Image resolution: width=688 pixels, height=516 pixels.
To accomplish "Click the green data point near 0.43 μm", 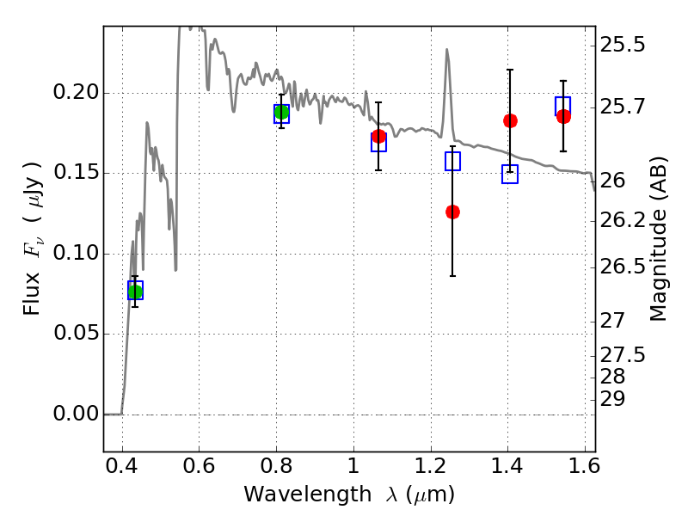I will click(x=135, y=292).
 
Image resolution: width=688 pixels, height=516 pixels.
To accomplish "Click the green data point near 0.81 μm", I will click(x=281, y=112).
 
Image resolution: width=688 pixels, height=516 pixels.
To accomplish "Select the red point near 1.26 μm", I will click(x=452, y=212).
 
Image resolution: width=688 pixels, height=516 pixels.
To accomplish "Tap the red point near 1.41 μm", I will click(x=510, y=120).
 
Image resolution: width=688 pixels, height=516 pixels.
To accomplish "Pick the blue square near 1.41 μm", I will click(x=510, y=175).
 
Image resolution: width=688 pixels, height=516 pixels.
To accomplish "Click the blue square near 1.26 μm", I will click(x=452, y=161).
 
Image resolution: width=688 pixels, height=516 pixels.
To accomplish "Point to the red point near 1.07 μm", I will click(x=378, y=136).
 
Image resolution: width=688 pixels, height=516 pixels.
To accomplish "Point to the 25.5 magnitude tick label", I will click(x=622, y=44).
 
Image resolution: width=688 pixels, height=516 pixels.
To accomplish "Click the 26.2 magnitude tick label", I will click(x=622, y=221).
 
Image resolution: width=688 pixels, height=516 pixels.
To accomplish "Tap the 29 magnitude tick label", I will click(x=612, y=399).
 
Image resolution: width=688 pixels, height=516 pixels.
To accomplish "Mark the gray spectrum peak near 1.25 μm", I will click(x=447, y=50).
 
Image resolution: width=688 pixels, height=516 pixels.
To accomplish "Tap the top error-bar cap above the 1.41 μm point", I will click(x=510, y=70).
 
